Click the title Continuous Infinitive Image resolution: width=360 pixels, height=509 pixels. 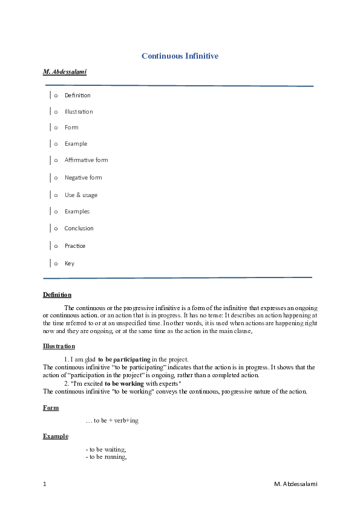click(x=180, y=56)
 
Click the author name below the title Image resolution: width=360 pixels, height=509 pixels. click(x=65, y=72)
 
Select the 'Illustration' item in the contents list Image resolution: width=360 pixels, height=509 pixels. click(x=79, y=112)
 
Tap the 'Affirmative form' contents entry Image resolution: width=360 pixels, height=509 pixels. click(x=86, y=160)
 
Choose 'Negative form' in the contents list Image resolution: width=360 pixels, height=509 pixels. click(x=83, y=178)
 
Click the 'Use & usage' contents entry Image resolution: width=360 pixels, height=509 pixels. click(x=80, y=195)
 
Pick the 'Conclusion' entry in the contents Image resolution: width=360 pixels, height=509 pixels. click(x=79, y=229)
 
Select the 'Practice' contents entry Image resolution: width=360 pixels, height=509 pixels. click(x=75, y=246)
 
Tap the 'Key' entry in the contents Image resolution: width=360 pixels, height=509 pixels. click(x=69, y=264)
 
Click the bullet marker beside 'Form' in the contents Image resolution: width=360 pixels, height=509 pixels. click(x=56, y=128)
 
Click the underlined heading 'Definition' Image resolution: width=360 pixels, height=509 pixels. click(x=57, y=295)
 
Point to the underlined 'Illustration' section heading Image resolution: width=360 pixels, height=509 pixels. click(x=59, y=346)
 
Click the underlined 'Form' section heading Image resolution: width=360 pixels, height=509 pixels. click(x=51, y=408)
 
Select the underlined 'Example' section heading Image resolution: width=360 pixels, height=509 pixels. click(x=55, y=436)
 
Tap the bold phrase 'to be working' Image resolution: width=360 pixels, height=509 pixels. click(x=124, y=383)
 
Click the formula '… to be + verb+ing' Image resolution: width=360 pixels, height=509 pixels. click(x=112, y=421)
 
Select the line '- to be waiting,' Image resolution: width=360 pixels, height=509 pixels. click(x=106, y=450)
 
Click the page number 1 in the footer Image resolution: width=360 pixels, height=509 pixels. click(x=45, y=484)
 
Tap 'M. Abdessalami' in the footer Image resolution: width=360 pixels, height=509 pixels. click(x=295, y=484)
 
